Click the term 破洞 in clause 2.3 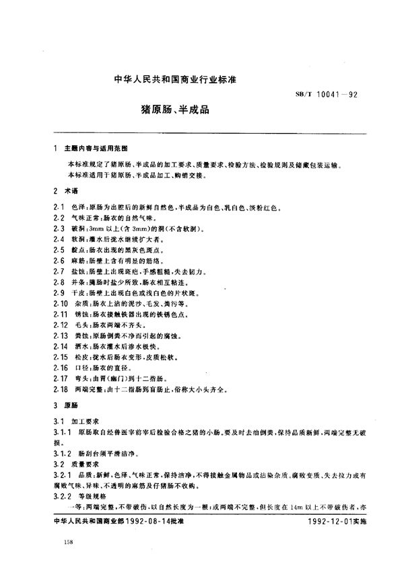[x=77, y=229]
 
